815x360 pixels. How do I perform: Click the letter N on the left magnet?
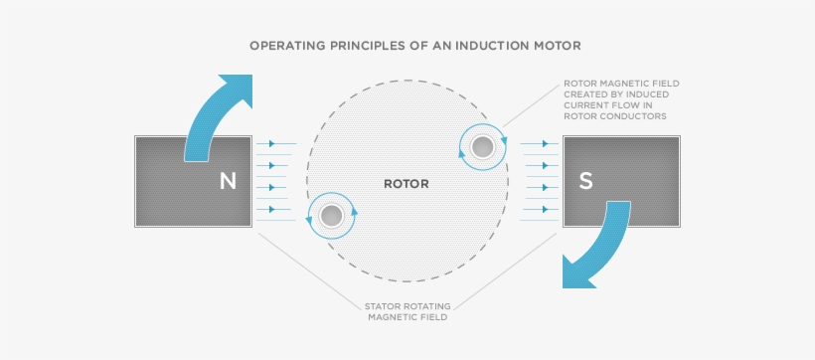229,181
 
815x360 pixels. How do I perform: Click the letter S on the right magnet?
585,181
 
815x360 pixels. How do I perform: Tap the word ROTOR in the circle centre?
407,184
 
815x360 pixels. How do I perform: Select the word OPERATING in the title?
280,46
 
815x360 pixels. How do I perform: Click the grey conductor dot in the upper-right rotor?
482,147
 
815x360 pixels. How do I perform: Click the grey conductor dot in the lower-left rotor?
331,216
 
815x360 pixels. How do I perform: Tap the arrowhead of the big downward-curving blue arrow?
576,273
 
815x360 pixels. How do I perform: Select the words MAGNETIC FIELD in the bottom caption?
407,316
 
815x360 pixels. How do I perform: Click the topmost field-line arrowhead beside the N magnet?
272,143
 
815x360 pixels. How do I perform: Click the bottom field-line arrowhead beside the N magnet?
272,209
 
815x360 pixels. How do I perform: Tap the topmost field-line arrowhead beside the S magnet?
546,143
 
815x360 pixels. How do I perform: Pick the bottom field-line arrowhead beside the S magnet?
546,209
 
